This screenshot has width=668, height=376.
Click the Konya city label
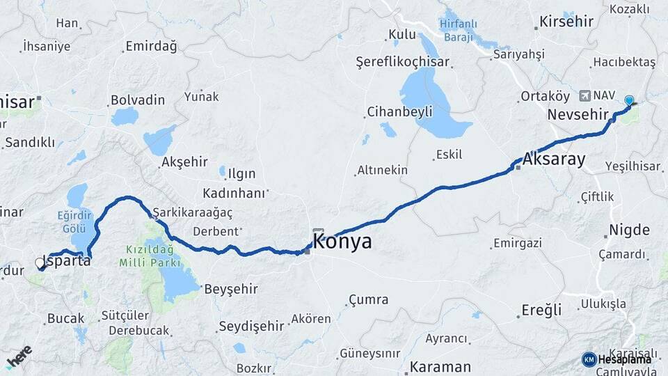342,242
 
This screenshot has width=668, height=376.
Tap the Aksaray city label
553,159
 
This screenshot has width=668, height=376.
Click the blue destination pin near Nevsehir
629,101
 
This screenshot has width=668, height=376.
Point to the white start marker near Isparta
40,263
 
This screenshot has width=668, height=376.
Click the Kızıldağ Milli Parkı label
150,256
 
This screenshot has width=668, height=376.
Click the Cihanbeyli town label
399,111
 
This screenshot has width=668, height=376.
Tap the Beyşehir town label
230,288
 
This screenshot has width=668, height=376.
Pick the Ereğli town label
541,310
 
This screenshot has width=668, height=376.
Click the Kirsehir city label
566,22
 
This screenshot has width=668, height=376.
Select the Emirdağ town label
151,47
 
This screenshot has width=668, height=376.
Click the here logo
19,357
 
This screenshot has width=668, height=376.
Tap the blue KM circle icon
589,359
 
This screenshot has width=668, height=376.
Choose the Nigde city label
629,230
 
